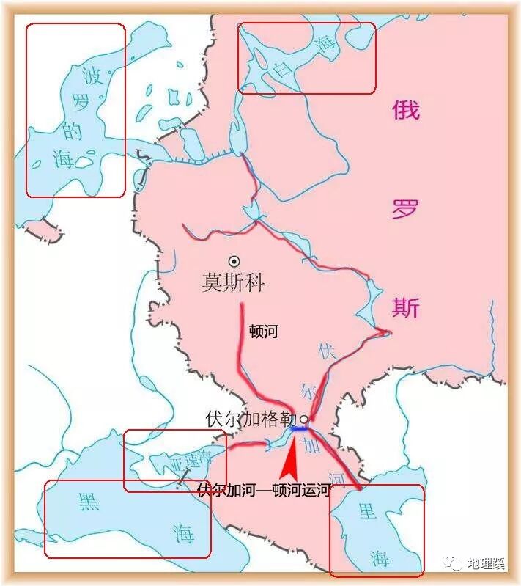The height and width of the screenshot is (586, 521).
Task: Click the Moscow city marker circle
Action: coord(234,260)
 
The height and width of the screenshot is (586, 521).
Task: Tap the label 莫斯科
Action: coord(232,283)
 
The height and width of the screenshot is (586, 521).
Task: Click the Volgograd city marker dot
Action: coord(303,421)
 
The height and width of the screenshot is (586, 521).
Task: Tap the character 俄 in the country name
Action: coord(405,111)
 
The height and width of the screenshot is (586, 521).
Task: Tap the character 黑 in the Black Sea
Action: coord(87,502)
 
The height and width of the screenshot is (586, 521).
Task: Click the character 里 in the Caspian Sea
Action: coord(366,511)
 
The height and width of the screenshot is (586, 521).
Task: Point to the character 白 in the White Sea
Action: coord(278,70)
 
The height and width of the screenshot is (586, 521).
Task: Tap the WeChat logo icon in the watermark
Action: coord(455,563)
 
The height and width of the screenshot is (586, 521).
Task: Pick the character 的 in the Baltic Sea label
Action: coord(72,131)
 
